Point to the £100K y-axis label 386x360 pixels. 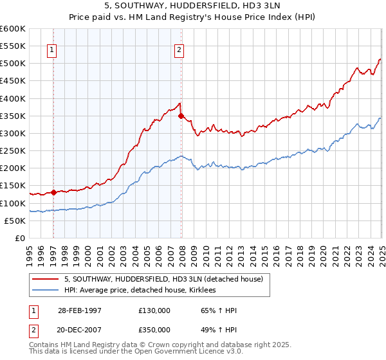(x=12, y=203)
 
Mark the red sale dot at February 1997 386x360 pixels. (x=53, y=192)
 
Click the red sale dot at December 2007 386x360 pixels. (x=181, y=116)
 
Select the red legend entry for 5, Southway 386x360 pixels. (x=163, y=280)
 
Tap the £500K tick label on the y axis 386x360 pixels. (x=12, y=64)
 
